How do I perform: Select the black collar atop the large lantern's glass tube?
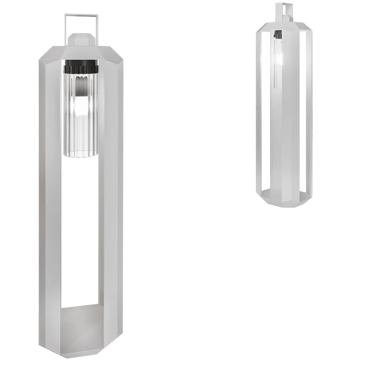pyautogui.click(x=81, y=68)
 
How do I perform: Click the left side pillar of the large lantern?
pyautogui.click(x=51, y=201)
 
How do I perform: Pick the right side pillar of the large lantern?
pyautogui.click(x=112, y=201)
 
